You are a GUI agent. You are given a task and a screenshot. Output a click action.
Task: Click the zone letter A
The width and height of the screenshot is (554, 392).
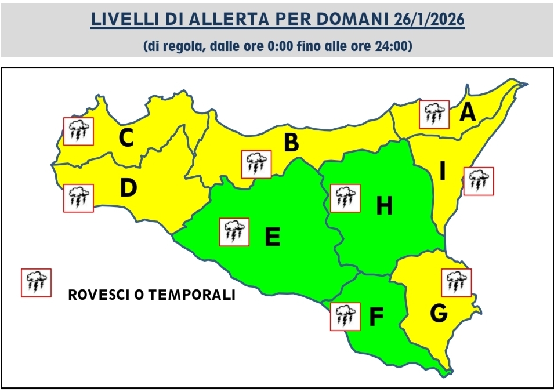(x=468, y=112)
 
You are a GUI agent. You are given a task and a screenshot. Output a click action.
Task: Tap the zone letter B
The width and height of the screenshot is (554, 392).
(x=291, y=143)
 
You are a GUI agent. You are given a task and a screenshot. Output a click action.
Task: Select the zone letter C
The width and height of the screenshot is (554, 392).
(x=126, y=138)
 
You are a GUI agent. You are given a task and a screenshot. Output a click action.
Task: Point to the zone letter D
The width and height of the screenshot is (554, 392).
(x=128, y=188)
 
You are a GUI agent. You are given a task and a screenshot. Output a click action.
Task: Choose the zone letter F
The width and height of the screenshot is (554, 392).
(x=376, y=317)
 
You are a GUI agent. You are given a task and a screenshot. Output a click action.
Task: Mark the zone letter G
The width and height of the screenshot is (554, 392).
(x=439, y=314)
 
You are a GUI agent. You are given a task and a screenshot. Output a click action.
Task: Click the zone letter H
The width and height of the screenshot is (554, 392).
(x=384, y=206)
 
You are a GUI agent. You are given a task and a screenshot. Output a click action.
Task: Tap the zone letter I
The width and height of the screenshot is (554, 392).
(x=443, y=172)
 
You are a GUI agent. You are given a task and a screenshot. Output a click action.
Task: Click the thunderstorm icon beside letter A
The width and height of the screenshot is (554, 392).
(x=434, y=114)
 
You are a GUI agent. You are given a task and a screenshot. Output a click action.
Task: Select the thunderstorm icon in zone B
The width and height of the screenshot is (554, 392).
(x=256, y=164)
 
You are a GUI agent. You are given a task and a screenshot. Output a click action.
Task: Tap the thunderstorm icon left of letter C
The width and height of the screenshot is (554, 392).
(x=78, y=131)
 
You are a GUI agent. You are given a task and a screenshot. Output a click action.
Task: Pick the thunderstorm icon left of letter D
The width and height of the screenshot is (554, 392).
(x=78, y=198)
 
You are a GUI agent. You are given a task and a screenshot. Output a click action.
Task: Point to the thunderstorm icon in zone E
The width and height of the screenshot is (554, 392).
(x=234, y=232)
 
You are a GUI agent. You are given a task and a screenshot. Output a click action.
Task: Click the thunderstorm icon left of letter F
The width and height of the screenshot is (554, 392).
(x=345, y=317)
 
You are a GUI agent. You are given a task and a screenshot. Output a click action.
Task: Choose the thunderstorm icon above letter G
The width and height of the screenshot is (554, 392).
(x=457, y=282)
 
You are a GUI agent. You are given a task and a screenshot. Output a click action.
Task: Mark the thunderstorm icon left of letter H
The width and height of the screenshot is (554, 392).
(x=345, y=198)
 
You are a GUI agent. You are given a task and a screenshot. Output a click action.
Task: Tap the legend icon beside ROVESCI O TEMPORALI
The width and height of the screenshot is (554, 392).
(x=36, y=283)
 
